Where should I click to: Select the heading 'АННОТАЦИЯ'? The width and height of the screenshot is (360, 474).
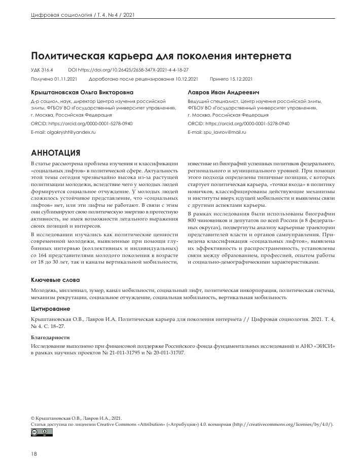55,152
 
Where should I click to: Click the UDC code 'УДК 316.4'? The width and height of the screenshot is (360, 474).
42,70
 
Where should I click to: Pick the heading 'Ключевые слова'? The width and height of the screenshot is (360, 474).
55,280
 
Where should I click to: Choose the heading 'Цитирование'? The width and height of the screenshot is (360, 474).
51,309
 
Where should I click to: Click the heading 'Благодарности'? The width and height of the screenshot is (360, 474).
50,337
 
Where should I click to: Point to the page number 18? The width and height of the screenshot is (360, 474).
34,454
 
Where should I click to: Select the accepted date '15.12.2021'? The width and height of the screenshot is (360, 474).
242,80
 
